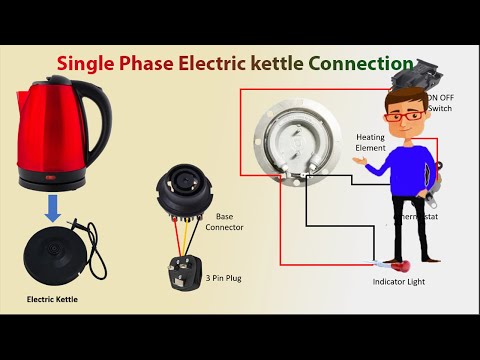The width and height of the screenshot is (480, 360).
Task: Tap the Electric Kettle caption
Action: click(x=51, y=299)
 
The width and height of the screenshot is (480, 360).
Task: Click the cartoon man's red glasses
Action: click(x=403, y=115)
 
